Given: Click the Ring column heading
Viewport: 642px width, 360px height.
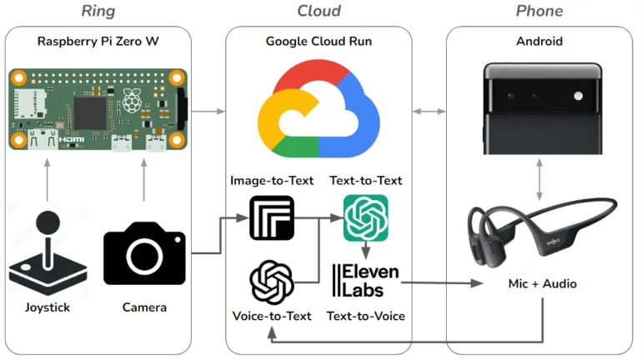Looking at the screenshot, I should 98,11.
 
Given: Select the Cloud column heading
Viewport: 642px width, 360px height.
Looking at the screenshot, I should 318,11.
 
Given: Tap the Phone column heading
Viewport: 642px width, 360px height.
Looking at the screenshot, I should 539,11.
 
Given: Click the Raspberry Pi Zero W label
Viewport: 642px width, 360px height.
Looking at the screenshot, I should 98,41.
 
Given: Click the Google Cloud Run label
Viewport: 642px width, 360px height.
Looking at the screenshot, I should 318,41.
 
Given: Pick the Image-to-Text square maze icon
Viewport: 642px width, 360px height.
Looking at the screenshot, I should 272,217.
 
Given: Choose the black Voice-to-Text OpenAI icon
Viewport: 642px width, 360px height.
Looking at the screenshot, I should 272,282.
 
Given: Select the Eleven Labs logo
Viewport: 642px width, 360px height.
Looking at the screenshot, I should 366,280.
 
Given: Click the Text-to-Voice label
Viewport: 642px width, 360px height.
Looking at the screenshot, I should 365,316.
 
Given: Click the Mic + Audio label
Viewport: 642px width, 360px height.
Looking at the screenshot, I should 543,283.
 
